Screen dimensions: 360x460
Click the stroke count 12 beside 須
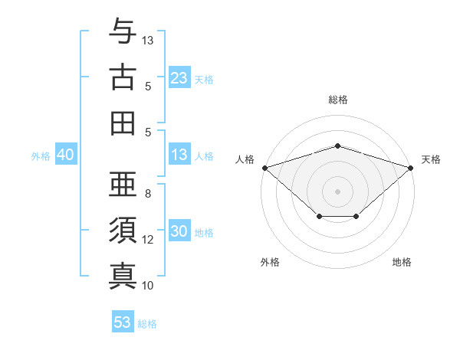(x=148, y=240)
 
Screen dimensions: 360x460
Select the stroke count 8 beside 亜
(x=148, y=194)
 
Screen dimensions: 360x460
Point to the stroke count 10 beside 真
(x=148, y=286)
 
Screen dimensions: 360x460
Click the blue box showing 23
(x=179, y=77)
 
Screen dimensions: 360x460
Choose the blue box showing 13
(x=179, y=155)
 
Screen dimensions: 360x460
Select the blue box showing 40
(x=65, y=155)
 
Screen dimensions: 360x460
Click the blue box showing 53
(x=123, y=322)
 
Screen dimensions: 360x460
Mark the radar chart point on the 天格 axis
(x=411, y=167)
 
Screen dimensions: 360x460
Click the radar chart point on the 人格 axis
(x=264, y=167)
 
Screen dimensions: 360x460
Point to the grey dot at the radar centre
(x=337, y=191)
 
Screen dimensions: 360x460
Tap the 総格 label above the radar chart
(x=337, y=100)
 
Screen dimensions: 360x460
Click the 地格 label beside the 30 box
(x=204, y=233)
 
